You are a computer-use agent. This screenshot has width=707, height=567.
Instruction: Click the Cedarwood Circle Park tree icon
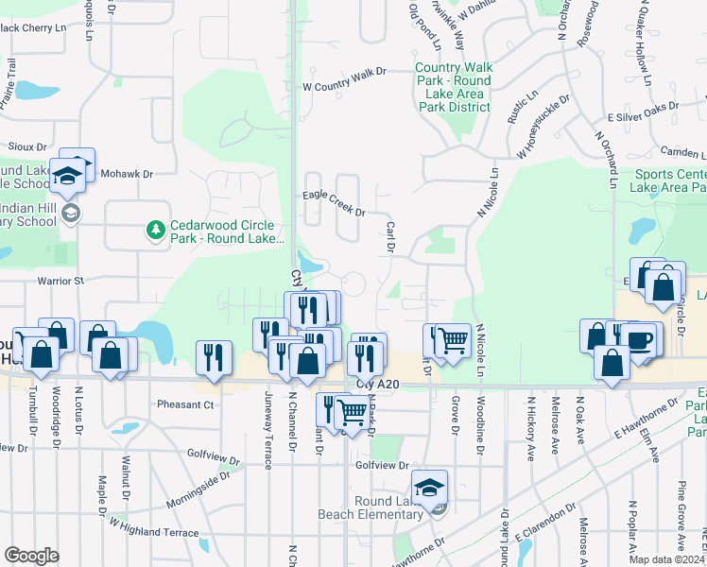point(154,230)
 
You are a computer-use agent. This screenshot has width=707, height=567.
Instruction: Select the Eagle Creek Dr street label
point(334,204)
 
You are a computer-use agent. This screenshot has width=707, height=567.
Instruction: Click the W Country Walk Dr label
point(345,78)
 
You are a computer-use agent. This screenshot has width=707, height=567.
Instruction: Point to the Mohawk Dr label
point(127,175)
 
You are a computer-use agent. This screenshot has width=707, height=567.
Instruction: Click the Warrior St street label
point(60,281)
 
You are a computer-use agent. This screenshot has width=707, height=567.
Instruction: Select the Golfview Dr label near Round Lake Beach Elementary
point(382,466)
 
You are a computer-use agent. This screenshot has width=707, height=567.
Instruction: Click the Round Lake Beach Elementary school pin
point(429,488)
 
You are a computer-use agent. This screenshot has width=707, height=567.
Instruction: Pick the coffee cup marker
point(639,339)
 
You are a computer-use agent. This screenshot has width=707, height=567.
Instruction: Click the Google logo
point(31,556)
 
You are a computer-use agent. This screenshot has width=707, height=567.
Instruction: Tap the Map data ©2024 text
point(665,559)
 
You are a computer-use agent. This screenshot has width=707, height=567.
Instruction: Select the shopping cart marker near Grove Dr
point(453,338)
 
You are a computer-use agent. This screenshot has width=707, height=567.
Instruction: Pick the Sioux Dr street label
point(27,147)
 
